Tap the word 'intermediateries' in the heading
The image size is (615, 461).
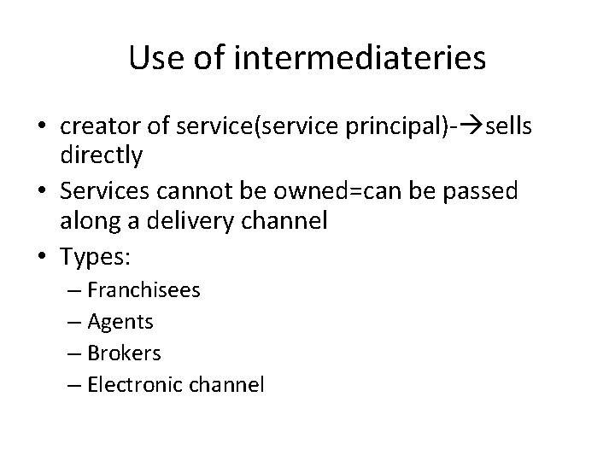pyautogui.click(x=358, y=59)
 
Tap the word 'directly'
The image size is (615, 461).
pyautogui.click(x=101, y=157)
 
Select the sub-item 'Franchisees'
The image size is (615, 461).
pyautogui.click(x=145, y=290)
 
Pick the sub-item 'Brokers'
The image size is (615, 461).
pyautogui.click(x=126, y=353)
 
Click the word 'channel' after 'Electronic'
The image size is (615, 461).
pyautogui.click(x=230, y=384)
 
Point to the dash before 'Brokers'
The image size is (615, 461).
pyautogui.click(x=74, y=353)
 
